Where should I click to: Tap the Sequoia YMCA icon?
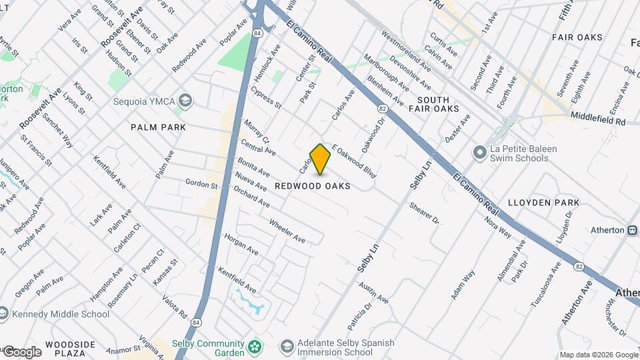pos(185,101)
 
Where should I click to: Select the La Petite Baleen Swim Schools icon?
pos(478,153)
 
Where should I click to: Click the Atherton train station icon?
pos(631,230)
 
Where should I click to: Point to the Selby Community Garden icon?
pos(254,347)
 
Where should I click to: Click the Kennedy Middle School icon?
pos(4,314)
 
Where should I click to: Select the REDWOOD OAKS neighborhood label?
pos(312,187)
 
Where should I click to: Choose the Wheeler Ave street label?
pos(287,231)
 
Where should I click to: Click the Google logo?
pos(21,351)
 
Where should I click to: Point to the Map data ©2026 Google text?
pos(598,355)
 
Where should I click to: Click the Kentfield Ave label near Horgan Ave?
pos(237,280)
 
